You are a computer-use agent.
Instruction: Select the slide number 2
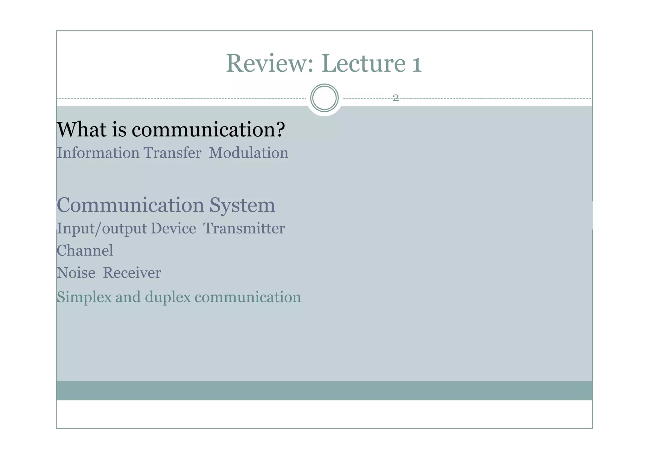(395, 98)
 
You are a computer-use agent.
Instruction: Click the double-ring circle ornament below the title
(324, 98)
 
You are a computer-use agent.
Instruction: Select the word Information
(98, 153)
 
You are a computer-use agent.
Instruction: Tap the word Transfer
(172, 153)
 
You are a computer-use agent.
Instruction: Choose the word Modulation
(248, 153)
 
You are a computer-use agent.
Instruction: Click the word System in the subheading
(242, 205)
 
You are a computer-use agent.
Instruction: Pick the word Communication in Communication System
(130, 205)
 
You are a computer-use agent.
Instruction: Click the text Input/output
(101, 229)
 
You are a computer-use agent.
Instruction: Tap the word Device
(173, 228)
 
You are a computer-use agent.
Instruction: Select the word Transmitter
(244, 228)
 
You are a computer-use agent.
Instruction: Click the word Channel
(85, 251)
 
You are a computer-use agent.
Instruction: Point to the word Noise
(76, 273)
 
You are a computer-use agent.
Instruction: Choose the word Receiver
(132, 273)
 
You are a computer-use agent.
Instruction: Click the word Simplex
(84, 298)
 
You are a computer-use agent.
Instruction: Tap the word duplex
(168, 298)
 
